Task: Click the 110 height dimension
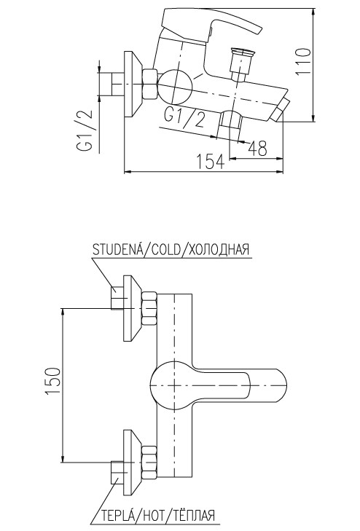point(302,63)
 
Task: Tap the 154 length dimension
point(211,162)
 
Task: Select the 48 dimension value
point(258,148)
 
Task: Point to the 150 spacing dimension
point(52,380)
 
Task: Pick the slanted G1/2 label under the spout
point(184,117)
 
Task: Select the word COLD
point(166,250)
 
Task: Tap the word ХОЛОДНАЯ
point(219,250)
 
